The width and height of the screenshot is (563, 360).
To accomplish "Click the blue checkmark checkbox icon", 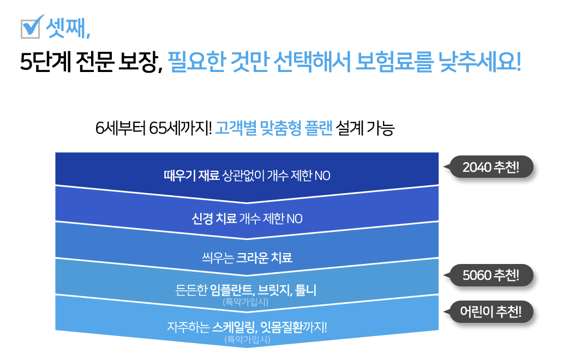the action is [x=31, y=27].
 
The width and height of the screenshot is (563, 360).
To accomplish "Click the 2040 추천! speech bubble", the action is [x=490, y=167].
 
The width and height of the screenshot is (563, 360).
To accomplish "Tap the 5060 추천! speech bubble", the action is [x=490, y=275].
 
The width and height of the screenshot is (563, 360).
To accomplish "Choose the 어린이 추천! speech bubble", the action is [x=490, y=312].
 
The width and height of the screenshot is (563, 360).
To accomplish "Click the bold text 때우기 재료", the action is [x=191, y=176].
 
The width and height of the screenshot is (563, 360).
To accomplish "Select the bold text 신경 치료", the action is [x=214, y=219].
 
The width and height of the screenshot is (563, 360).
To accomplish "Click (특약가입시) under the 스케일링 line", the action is [x=247, y=339].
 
